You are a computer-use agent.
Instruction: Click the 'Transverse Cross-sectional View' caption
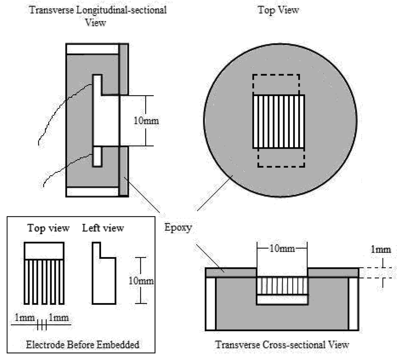coord(282,345)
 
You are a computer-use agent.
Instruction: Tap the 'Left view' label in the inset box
coord(103,228)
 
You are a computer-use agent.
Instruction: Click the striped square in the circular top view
coord(279,121)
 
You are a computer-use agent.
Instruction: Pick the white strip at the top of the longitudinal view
coord(92,49)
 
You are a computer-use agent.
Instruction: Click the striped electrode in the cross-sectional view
coord(282,286)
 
